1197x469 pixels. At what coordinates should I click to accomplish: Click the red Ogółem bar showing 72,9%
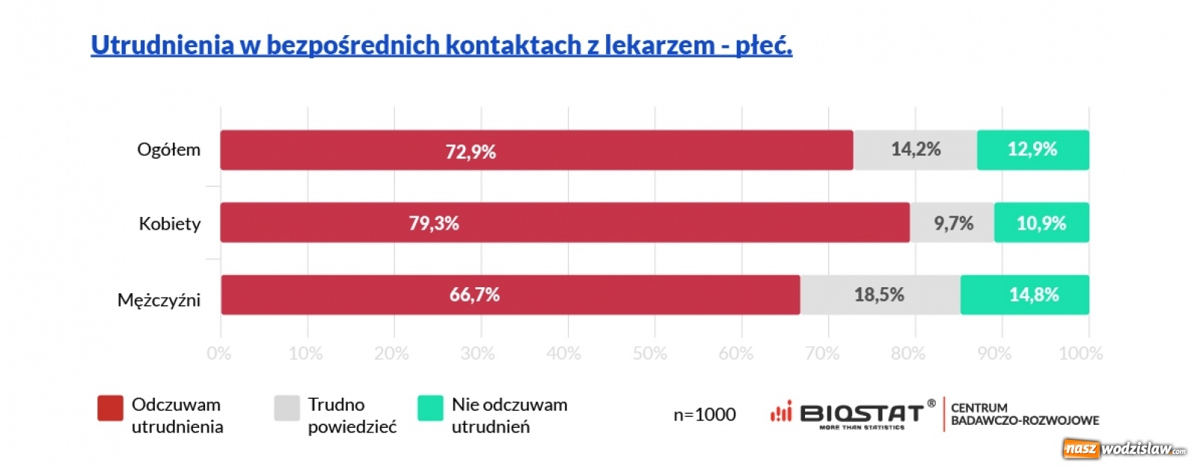(536, 150)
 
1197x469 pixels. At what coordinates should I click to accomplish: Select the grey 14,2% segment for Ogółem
(915, 150)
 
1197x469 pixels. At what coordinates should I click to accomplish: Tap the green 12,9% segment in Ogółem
(1032, 150)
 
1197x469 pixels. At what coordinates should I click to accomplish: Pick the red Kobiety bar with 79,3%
(564, 223)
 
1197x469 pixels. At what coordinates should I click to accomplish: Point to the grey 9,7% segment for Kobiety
(952, 223)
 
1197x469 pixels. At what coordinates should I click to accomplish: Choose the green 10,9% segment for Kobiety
(1041, 223)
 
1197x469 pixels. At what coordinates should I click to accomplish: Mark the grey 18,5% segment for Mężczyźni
(880, 295)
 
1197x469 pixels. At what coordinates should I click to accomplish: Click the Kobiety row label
(170, 224)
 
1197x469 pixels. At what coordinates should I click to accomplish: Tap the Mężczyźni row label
(159, 301)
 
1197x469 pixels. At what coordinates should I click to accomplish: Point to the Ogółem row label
(168, 150)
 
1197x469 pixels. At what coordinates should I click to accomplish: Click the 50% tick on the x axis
(649, 353)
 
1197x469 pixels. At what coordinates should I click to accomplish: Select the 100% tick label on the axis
(1080, 353)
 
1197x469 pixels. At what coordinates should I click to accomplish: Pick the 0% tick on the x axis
(219, 353)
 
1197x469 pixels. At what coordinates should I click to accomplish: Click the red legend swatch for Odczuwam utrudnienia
(110, 408)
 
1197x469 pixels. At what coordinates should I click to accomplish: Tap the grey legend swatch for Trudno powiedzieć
(287, 408)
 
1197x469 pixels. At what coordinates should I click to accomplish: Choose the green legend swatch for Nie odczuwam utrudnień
(430, 408)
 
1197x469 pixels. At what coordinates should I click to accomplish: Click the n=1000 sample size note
(704, 414)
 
